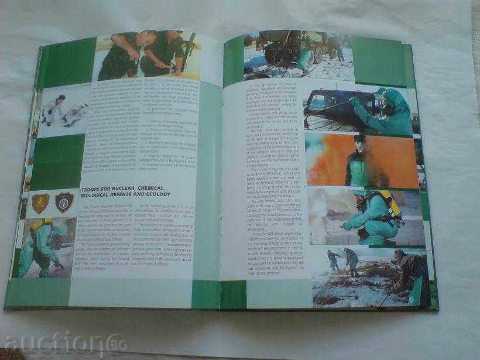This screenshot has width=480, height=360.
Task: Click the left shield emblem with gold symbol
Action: click(40, 203)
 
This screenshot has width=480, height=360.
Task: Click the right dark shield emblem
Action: click(64, 202)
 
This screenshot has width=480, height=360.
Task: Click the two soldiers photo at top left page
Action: click(146, 56)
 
